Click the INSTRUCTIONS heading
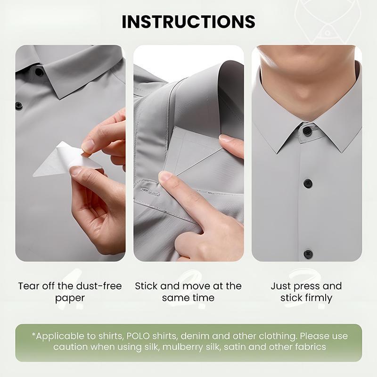[188, 22]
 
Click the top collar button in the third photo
[307, 131]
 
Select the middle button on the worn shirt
[308, 183]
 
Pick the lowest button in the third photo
[308, 254]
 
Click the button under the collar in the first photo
[39, 72]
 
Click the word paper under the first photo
[70, 298]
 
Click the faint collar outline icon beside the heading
[327, 20]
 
